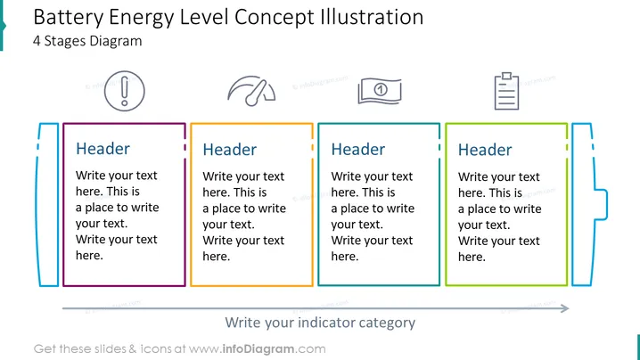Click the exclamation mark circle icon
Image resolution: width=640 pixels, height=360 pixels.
(x=125, y=91)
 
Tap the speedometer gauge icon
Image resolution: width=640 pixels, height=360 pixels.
(x=251, y=91)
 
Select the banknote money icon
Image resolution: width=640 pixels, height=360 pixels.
(x=380, y=91)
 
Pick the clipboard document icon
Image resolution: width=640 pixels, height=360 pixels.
(x=506, y=91)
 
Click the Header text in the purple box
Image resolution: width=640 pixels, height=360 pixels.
(x=103, y=149)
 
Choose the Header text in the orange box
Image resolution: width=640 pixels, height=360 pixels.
(x=230, y=150)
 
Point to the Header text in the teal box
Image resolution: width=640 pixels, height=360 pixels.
(x=358, y=150)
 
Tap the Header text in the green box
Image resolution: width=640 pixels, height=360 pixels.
(x=485, y=150)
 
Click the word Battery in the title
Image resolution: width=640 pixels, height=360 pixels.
(x=69, y=18)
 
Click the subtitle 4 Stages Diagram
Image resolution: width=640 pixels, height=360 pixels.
(x=87, y=41)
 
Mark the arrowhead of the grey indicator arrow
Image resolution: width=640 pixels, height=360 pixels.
(x=565, y=308)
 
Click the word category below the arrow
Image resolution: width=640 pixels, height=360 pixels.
(x=387, y=323)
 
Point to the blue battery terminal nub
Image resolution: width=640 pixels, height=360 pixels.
(x=601, y=204)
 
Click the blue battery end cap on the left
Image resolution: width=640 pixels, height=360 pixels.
(x=48, y=204)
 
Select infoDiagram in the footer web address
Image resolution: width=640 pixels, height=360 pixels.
(x=258, y=349)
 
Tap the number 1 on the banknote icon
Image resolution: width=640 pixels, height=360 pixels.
(x=381, y=89)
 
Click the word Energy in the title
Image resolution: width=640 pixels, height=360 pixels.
(x=141, y=18)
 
